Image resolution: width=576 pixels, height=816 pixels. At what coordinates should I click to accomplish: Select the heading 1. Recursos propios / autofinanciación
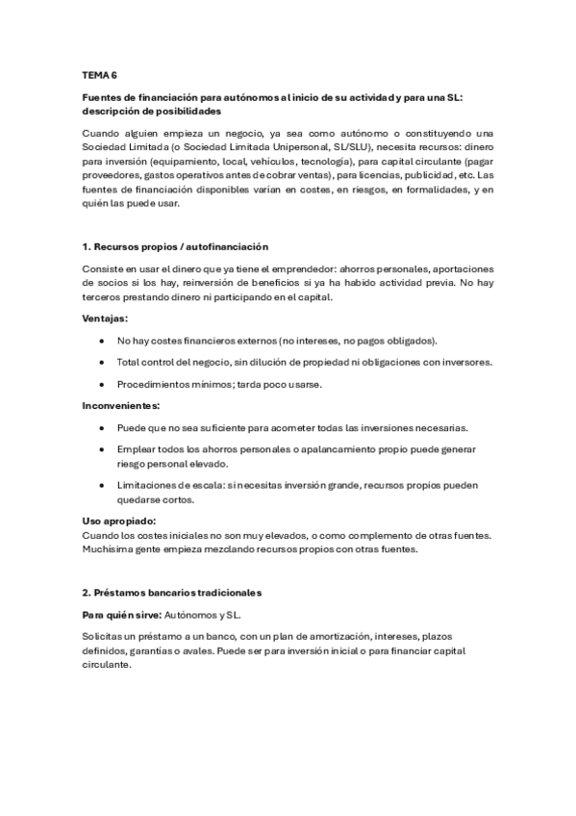click(x=175, y=247)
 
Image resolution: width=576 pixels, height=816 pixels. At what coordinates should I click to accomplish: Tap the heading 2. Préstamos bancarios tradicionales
click(x=172, y=592)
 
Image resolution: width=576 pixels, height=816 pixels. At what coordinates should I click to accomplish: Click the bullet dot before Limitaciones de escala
click(x=102, y=485)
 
